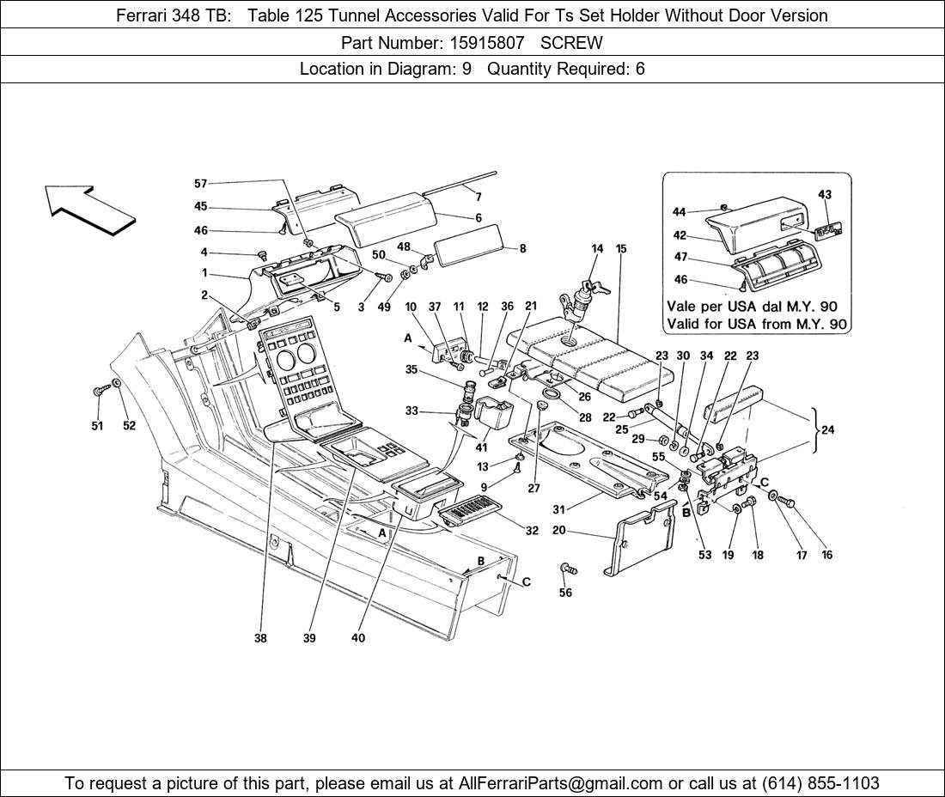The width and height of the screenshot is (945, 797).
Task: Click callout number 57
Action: (x=200, y=183)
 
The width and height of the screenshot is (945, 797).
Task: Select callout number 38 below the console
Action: (x=260, y=638)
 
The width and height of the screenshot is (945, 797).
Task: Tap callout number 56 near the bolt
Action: (x=565, y=593)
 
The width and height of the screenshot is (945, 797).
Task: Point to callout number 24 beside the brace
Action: (x=827, y=430)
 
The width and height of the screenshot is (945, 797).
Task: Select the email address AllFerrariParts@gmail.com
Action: (x=561, y=783)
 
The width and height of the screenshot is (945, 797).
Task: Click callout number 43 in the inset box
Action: (x=825, y=195)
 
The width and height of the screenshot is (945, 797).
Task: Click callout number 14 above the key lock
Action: (x=597, y=249)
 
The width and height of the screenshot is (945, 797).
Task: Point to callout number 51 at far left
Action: (x=97, y=425)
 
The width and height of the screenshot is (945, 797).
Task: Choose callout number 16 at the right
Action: (x=827, y=555)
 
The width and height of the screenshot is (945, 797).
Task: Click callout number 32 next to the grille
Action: (x=532, y=531)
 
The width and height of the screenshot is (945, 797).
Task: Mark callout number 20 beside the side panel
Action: (x=558, y=531)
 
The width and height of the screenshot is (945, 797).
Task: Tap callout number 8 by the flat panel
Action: (x=522, y=249)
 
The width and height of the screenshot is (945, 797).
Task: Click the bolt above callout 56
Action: (x=567, y=569)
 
